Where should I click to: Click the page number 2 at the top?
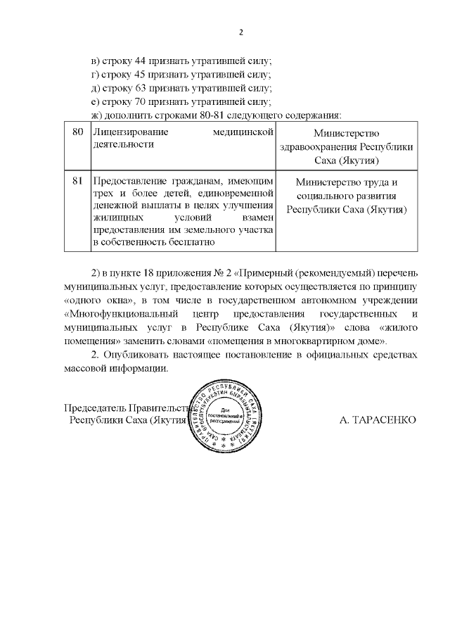(240, 32)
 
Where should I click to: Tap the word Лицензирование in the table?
(128, 132)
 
